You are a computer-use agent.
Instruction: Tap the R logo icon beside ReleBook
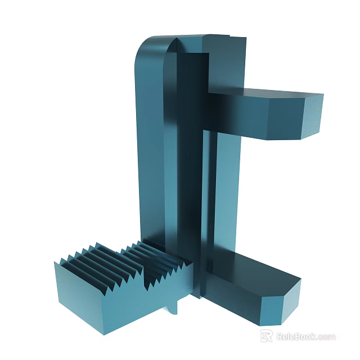click(267, 336)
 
